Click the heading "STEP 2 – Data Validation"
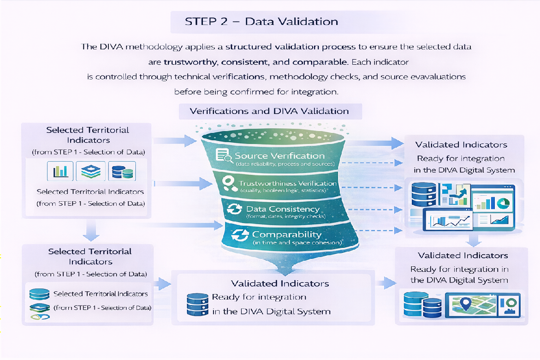point(261,21)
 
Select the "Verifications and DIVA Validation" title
point(270,111)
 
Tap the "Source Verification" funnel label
point(279,156)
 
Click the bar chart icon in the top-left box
point(60,171)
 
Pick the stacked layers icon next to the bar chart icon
point(91,171)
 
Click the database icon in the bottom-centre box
point(195,304)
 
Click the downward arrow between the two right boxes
point(472,240)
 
